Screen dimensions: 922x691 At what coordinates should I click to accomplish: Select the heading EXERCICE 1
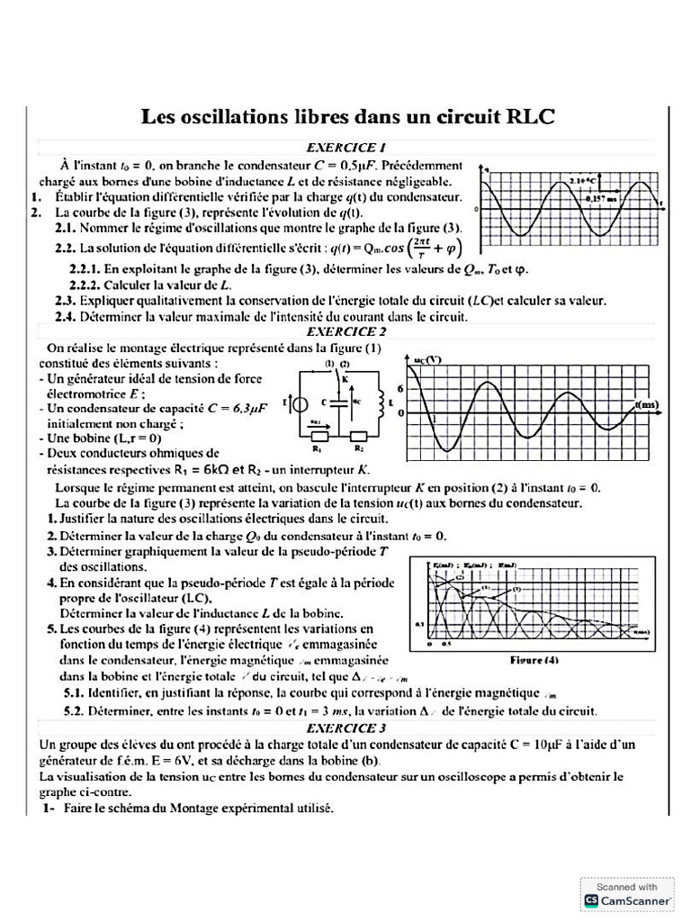(346, 147)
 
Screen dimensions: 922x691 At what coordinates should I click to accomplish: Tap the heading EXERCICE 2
(346, 330)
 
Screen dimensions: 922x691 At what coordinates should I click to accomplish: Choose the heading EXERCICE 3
(346, 728)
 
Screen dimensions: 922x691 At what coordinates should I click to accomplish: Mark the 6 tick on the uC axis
(402, 386)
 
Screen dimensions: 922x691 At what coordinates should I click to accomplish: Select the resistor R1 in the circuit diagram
(318, 437)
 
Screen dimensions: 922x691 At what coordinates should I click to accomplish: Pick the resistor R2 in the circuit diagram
(357, 437)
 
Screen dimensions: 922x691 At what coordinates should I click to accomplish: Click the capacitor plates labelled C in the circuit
(338, 404)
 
